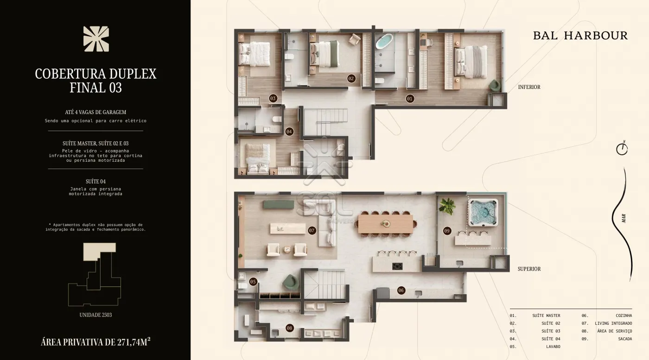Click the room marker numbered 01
(409, 99)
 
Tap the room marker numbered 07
(312, 231)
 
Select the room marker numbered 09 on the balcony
(447, 231)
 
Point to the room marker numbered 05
(253, 282)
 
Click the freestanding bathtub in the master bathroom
(384, 41)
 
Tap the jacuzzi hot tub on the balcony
(483, 213)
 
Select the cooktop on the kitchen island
(397, 266)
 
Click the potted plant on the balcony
(447, 206)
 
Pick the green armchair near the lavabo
(291, 282)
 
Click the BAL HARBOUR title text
(580, 36)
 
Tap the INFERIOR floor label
(529, 87)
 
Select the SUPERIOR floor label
(529, 269)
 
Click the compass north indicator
(622, 149)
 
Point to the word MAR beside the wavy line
(624, 218)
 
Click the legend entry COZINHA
(624, 316)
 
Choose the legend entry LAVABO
(553, 347)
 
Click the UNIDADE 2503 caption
(95, 315)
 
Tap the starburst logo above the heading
(96, 39)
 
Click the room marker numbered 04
(289, 132)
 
